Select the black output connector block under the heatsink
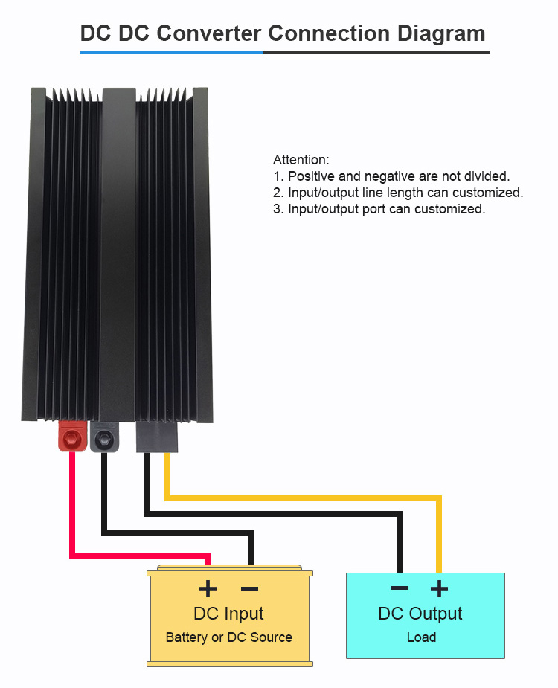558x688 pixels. [x=157, y=437]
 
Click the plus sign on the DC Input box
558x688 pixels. [x=208, y=589]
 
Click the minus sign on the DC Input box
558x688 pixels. [x=250, y=589]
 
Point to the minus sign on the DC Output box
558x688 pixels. [x=400, y=588]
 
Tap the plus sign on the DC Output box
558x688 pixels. [x=440, y=589]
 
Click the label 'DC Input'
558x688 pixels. [x=228, y=614]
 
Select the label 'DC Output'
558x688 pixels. [x=420, y=614]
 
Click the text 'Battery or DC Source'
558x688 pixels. [x=228, y=637]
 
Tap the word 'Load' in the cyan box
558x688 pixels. [x=421, y=637]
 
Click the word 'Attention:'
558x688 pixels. [x=301, y=160]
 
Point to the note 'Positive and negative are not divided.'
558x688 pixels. [x=399, y=176]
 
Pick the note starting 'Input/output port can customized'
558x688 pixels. [x=386, y=209]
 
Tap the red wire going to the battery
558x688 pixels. [x=72, y=513]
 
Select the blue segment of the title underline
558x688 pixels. [x=171, y=53]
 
